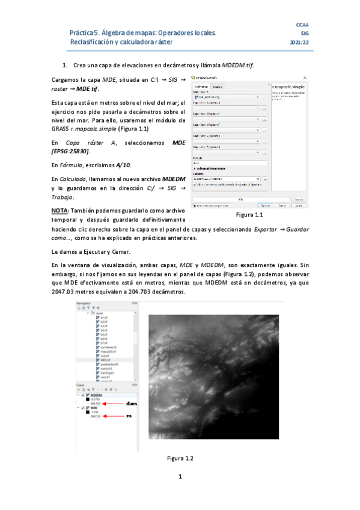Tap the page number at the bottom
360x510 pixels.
point(180,494)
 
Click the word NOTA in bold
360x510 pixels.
point(59,210)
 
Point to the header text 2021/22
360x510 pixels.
point(299,43)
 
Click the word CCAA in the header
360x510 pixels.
point(302,24)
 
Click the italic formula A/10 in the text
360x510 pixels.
point(122,164)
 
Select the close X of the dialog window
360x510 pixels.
point(304,78)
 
